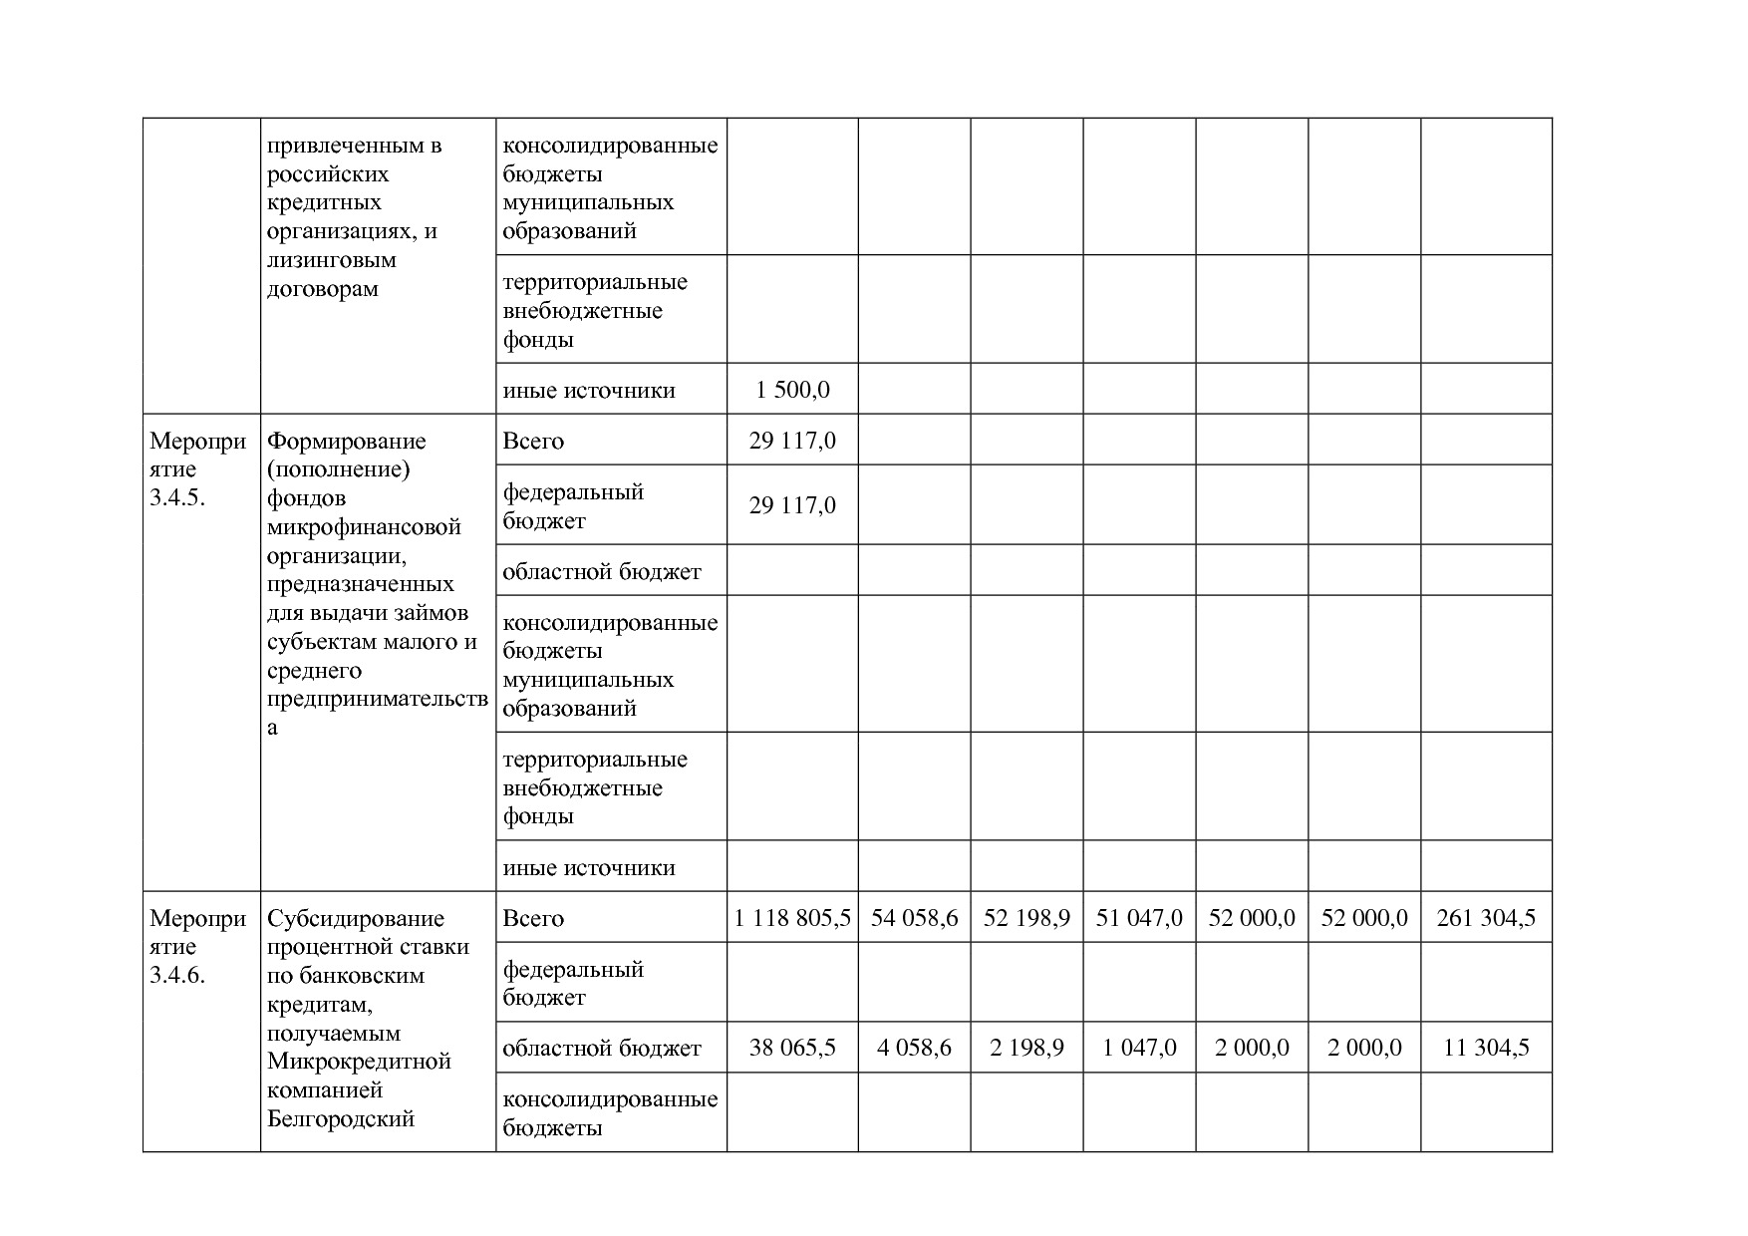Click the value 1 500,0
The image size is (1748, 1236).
(792, 390)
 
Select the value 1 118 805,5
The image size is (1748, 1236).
(792, 918)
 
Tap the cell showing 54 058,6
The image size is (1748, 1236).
(914, 918)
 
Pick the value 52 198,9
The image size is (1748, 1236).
(1026, 918)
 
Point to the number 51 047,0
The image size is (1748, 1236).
(1139, 918)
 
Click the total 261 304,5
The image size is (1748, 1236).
(1486, 918)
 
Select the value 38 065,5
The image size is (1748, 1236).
(792, 1048)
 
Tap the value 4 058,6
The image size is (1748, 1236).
(914, 1048)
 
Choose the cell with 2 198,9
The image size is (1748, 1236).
(1026, 1048)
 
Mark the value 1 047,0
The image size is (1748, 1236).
(1139, 1048)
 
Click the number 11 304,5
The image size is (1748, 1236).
(1486, 1048)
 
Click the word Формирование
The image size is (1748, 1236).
(346, 442)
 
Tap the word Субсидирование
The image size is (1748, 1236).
(355, 919)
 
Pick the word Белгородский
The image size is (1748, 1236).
(340, 1119)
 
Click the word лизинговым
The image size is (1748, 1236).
(331, 261)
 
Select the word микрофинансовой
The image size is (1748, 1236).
(364, 527)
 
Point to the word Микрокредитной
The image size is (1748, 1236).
(359, 1062)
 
